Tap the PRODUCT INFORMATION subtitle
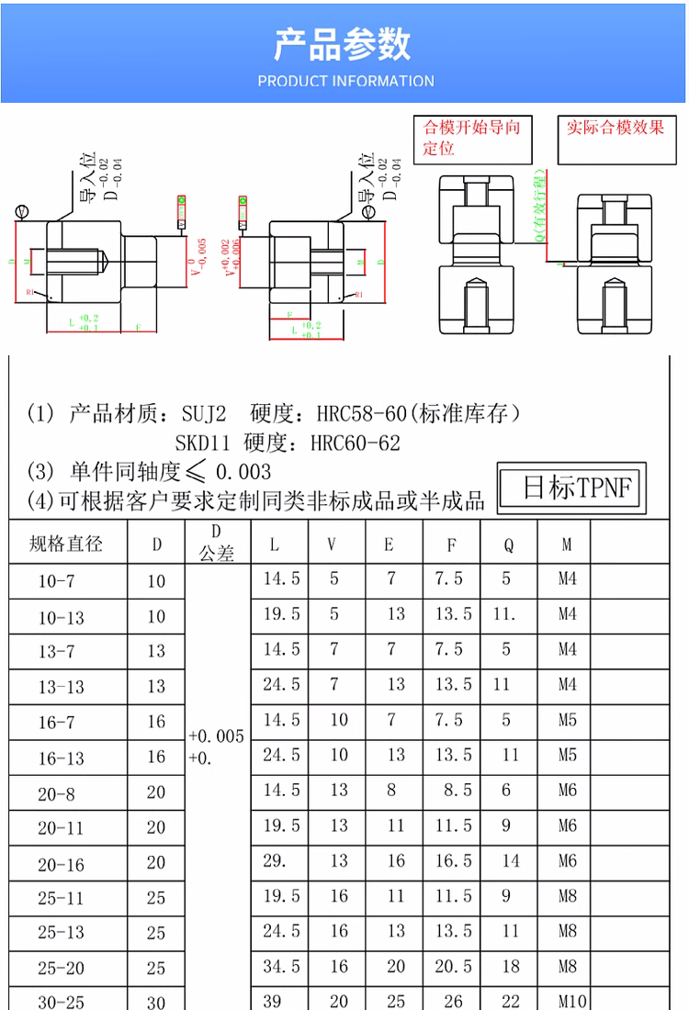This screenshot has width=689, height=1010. [345, 81]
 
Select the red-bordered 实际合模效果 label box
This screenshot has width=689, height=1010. [615, 129]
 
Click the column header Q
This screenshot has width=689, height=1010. [508, 544]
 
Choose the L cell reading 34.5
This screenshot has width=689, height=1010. [281, 967]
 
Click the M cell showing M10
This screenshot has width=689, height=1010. [567, 1002]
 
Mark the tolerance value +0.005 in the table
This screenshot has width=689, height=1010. [216, 736]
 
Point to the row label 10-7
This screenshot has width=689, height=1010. [57, 582]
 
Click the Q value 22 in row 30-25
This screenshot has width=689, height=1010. [509, 1002]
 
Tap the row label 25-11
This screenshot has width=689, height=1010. [61, 898]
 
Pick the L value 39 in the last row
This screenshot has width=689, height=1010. [274, 1002]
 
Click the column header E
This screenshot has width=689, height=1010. [389, 544]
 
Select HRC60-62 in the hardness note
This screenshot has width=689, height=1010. [356, 443]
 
